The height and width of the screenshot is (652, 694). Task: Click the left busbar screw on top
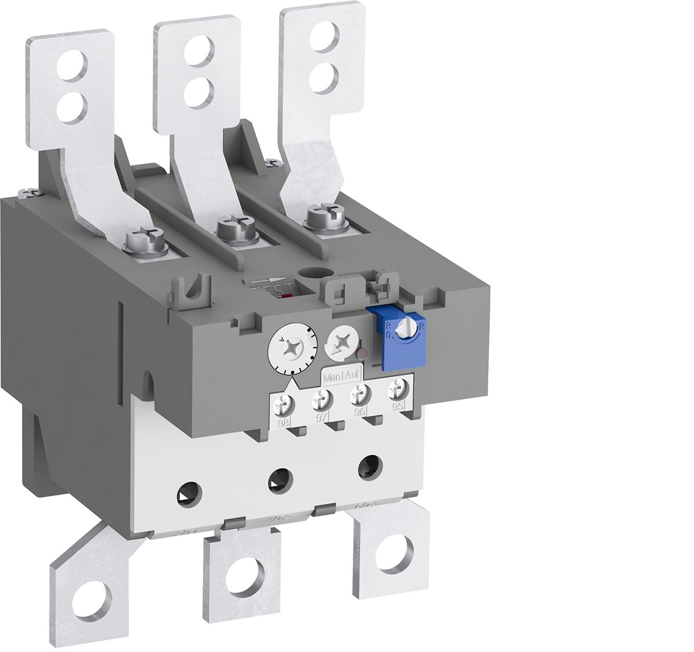139,239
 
